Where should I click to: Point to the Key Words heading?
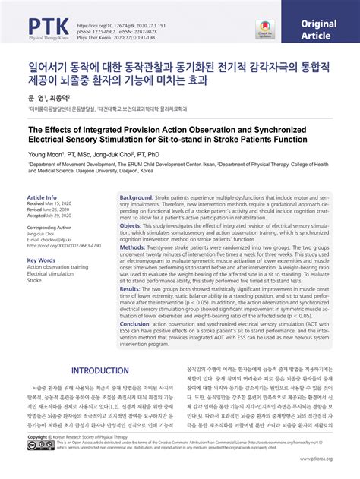[x=42, y=260]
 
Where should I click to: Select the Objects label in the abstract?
[x=132, y=225]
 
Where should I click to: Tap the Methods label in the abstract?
[x=133, y=247]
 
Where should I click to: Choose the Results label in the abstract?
[x=131, y=289]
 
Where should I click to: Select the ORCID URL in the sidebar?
[x=64, y=246]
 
